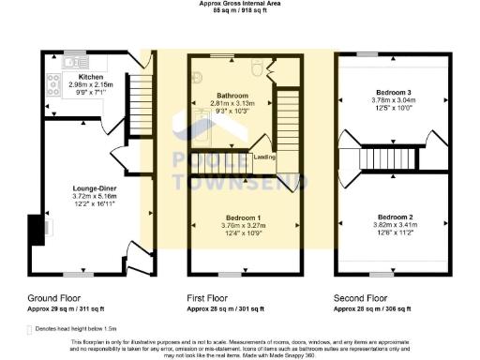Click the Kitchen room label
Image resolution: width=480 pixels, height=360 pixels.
pyautogui.click(x=91, y=77)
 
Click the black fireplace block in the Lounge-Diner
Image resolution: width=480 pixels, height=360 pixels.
pyautogui.click(x=35, y=228)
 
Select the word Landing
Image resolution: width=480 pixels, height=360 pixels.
pyautogui.click(x=264, y=157)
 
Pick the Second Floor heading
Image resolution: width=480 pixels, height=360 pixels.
pyautogui.click(x=360, y=296)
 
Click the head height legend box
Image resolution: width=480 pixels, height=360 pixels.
pyautogui.click(x=34, y=329)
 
